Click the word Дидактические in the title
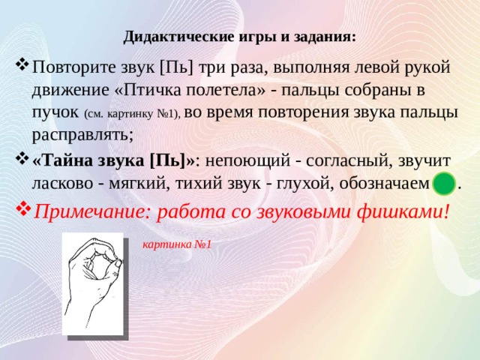click(178, 37)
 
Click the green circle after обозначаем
click(444, 184)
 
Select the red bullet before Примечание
click(23, 208)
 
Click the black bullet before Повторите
click(22, 64)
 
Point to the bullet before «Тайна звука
click(22, 158)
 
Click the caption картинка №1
click(177, 244)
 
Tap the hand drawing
click(93, 283)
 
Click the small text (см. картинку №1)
click(133, 114)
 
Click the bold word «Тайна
click(65, 160)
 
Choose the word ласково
click(62, 184)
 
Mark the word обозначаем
click(385, 184)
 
